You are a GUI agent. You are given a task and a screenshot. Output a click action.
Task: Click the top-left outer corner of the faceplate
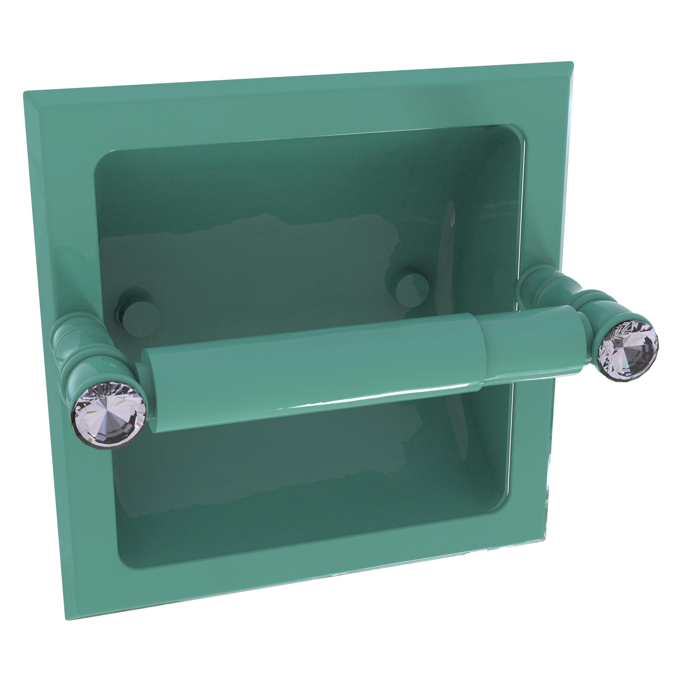point(25,93)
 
